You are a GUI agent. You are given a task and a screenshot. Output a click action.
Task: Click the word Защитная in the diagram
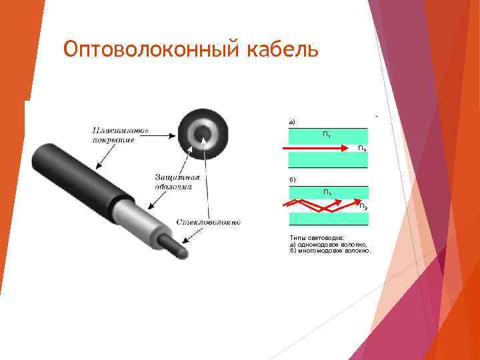coord(177,177)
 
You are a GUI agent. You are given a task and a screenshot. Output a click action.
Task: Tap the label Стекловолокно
coord(209,221)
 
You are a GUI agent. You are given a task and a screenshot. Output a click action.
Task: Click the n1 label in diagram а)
coord(327,135)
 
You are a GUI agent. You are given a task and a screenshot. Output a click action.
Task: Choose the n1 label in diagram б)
coord(327,192)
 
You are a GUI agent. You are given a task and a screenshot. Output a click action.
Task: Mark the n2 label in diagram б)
coord(362,206)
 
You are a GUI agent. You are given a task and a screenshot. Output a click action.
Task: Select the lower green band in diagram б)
coord(327,219)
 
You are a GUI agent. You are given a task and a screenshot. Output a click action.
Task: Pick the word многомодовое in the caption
coord(320,251)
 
